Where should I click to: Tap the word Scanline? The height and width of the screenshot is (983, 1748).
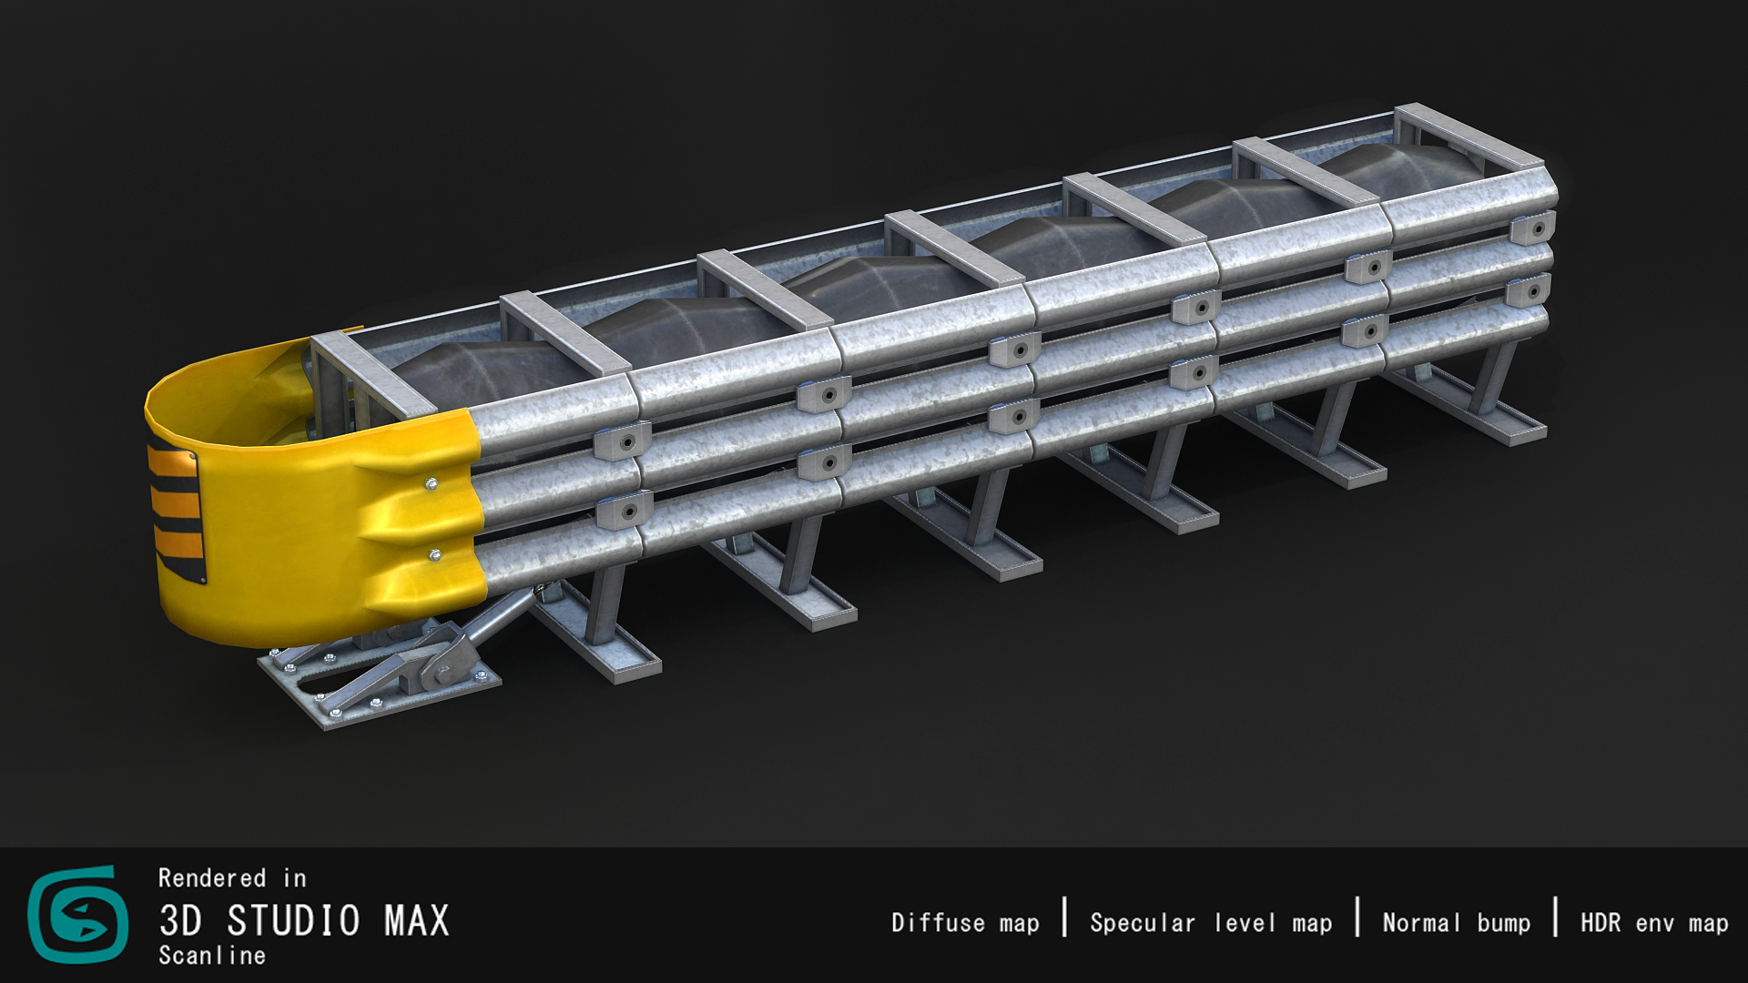[212, 956]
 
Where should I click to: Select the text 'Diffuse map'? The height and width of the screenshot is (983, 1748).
[965, 923]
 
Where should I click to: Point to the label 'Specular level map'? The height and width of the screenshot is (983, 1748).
[1211, 923]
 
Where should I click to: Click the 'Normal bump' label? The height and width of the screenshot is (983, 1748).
[1456, 923]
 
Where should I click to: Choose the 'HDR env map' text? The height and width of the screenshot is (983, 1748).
[1654, 923]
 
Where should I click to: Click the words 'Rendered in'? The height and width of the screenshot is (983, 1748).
[232, 878]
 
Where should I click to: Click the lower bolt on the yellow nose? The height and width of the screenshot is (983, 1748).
[435, 552]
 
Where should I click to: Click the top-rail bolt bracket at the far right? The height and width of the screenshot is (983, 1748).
[1531, 227]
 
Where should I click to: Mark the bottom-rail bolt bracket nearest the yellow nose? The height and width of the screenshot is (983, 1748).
[624, 512]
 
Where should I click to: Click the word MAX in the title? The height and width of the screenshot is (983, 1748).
[417, 921]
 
